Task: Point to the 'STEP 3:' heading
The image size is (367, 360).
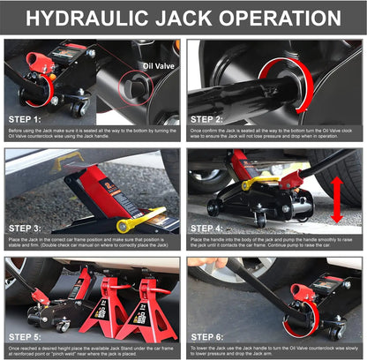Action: click(x=26, y=225)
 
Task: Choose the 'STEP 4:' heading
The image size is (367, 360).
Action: click(x=210, y=225)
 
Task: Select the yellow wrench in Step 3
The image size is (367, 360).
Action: click(x=139, y=217)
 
